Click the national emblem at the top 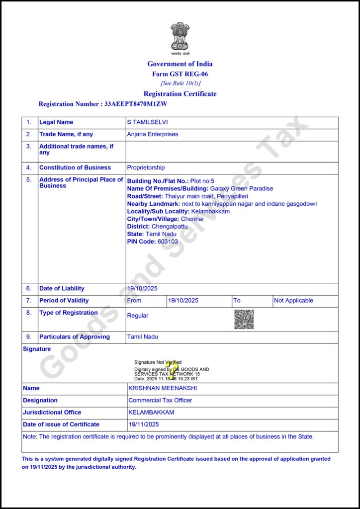pos(180,37)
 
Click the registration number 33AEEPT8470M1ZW pos(136,104)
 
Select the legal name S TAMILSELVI pos(148,122)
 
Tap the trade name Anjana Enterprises pos(153,134)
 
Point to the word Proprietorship pos(146,168)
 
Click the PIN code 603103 pos(168,242)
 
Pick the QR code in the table pos(244,319)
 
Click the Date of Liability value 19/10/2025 pos(143,288)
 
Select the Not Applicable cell pos(293,301)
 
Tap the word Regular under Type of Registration pos(138,316)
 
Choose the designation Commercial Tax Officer pos(160,400)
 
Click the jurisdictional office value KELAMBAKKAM pos(151,412)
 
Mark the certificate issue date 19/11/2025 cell pos(144,424)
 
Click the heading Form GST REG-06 pos(180,74)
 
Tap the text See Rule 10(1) pos(180,83)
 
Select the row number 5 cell pos(29,179)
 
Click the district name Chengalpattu pos(170,226)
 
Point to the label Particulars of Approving pos(75,337)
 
